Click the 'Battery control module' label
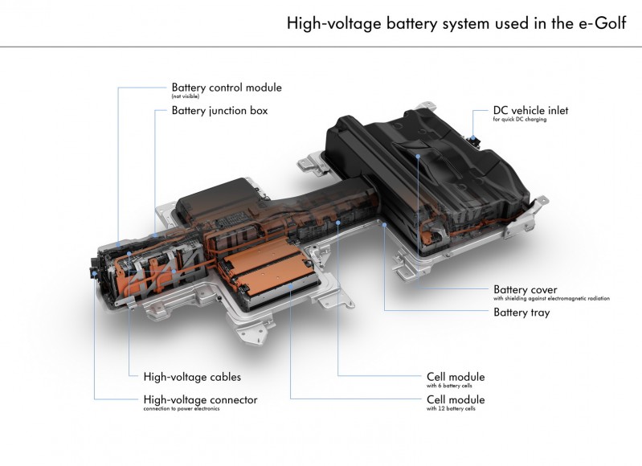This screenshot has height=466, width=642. (227, 87)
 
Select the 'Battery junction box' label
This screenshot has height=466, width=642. (219, 110)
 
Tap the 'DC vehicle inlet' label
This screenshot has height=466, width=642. (530, 110)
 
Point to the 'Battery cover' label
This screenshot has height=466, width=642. (525, 289)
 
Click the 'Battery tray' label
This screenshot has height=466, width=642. (521, 313)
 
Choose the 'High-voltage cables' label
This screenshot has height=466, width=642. (191, 376)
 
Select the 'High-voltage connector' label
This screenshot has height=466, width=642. (200, 399)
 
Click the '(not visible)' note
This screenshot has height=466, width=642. (185, 96)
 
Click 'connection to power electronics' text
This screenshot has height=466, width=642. (181, 409)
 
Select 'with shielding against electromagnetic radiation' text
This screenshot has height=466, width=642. (551, 299)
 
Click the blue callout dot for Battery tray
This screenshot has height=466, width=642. (386, 227)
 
